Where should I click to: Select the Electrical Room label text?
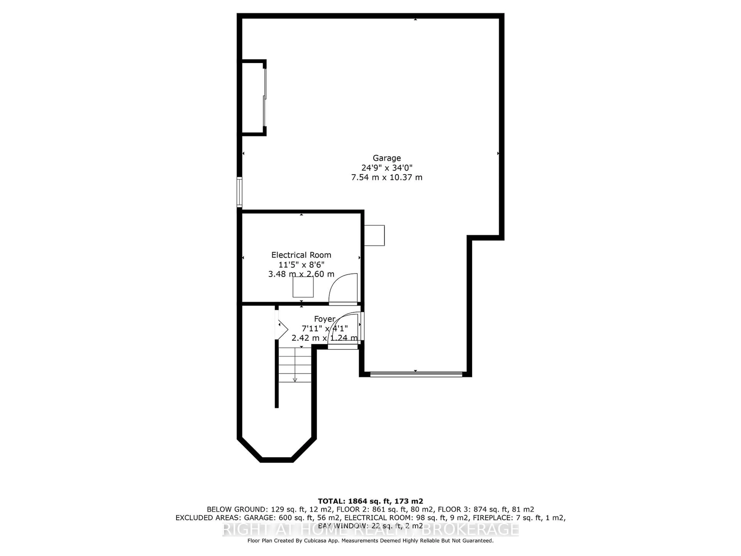301,255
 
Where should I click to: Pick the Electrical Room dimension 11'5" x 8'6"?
301,265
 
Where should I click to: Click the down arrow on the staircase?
295,379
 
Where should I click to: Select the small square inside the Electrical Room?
303,287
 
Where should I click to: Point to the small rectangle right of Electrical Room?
374,235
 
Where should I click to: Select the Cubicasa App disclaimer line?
370,541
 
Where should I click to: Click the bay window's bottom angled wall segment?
277,460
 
